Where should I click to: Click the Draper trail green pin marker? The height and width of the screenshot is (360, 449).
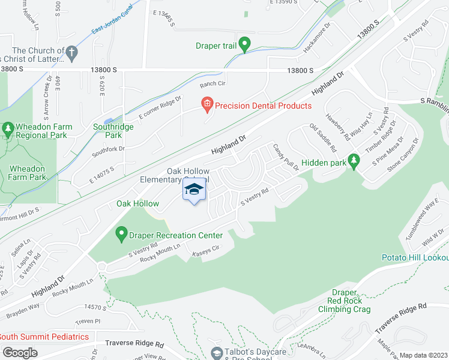pos(244,44)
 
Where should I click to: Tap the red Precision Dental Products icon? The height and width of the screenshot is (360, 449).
pos(207,105)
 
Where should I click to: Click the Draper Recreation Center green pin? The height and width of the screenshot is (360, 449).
pos(122,232)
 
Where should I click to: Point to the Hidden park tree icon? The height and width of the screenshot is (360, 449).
pos(354,160)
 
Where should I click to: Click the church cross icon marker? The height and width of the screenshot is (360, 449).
pos(71,53)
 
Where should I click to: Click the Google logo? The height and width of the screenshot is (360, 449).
pos(20,352)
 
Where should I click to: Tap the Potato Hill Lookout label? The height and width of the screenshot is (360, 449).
pos(415,257)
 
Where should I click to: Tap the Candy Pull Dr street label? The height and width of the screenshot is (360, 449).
pos(286,157)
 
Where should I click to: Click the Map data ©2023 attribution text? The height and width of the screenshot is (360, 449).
pos(423,355)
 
